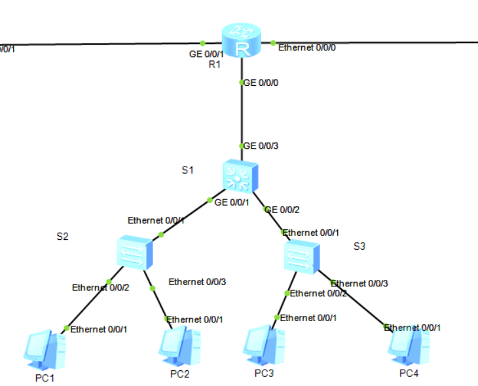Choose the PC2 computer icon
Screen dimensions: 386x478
[179, 347]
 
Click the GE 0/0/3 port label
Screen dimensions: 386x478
[261, 146]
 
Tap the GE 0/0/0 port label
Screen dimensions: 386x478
[261, 83]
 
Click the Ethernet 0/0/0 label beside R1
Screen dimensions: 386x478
[307, 48]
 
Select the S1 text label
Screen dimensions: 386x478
[188, 170]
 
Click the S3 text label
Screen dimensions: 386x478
[359, 246]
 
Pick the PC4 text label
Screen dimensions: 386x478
[409, 374]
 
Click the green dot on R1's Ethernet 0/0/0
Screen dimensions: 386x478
[273, 43]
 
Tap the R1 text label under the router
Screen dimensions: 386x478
[214, 64]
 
